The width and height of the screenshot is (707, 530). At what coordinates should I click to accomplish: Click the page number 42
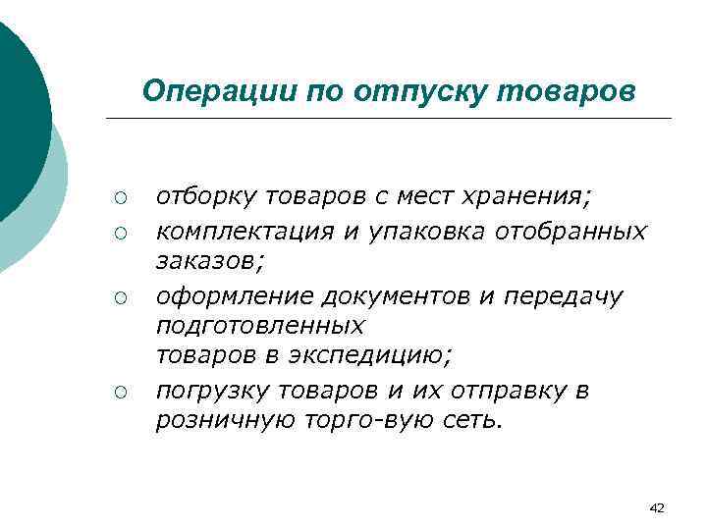(x=657, y=507)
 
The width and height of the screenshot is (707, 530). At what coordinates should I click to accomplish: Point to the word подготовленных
(x=260, y=325)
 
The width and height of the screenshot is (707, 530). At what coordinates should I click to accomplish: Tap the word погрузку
(x=208, y=390)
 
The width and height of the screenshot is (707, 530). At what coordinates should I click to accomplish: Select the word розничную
(x=219, y=421)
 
